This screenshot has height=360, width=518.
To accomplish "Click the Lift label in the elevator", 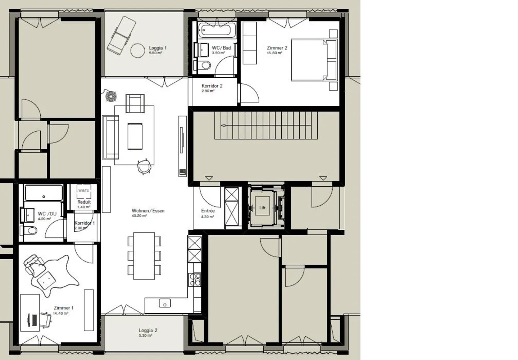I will coord(262,208).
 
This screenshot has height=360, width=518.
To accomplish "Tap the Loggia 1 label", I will coord(158,48).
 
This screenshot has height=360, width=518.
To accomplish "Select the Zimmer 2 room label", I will coord(277,48).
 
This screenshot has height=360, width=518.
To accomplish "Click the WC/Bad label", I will coord(221,48).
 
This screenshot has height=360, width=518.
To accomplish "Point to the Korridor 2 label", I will coord(212,86).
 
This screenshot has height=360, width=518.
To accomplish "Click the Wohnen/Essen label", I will coord(148,211).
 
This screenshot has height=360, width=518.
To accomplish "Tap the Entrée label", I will coord(208,211).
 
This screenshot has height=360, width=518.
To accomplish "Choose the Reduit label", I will coord(84,202).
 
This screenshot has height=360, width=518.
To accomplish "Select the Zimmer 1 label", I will coord(63,308).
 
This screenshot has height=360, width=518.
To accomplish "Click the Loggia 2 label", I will coord(148,331).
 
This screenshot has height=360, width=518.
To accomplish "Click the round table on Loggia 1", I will coord(137,50).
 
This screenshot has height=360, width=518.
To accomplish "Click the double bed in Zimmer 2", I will coord(313,60).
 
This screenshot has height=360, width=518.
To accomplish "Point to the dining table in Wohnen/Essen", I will coord(144,256).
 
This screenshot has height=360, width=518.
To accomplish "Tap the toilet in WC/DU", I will coord(31,231).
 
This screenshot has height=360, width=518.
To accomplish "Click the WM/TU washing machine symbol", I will coord(84,191).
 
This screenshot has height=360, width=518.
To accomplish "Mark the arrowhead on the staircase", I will coord(223,126).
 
